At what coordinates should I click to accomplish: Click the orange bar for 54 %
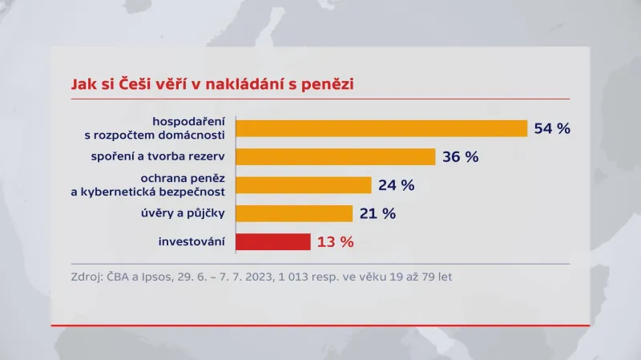(381, 128)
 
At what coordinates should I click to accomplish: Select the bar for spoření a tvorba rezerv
(335, 156)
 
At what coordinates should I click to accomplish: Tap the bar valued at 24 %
(304, 185)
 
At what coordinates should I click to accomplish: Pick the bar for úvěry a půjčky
(294, 213)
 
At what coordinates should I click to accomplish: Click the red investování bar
(273, 241)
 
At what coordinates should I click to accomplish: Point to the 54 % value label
(552, 128)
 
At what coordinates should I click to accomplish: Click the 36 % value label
(461, 157)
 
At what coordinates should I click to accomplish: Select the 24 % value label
(397, 185)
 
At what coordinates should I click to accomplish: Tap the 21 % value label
(377, 213)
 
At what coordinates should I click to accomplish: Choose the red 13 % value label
(335, 241)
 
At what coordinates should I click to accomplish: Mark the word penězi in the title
(328, 83)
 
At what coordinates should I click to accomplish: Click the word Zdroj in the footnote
(87, 277)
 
